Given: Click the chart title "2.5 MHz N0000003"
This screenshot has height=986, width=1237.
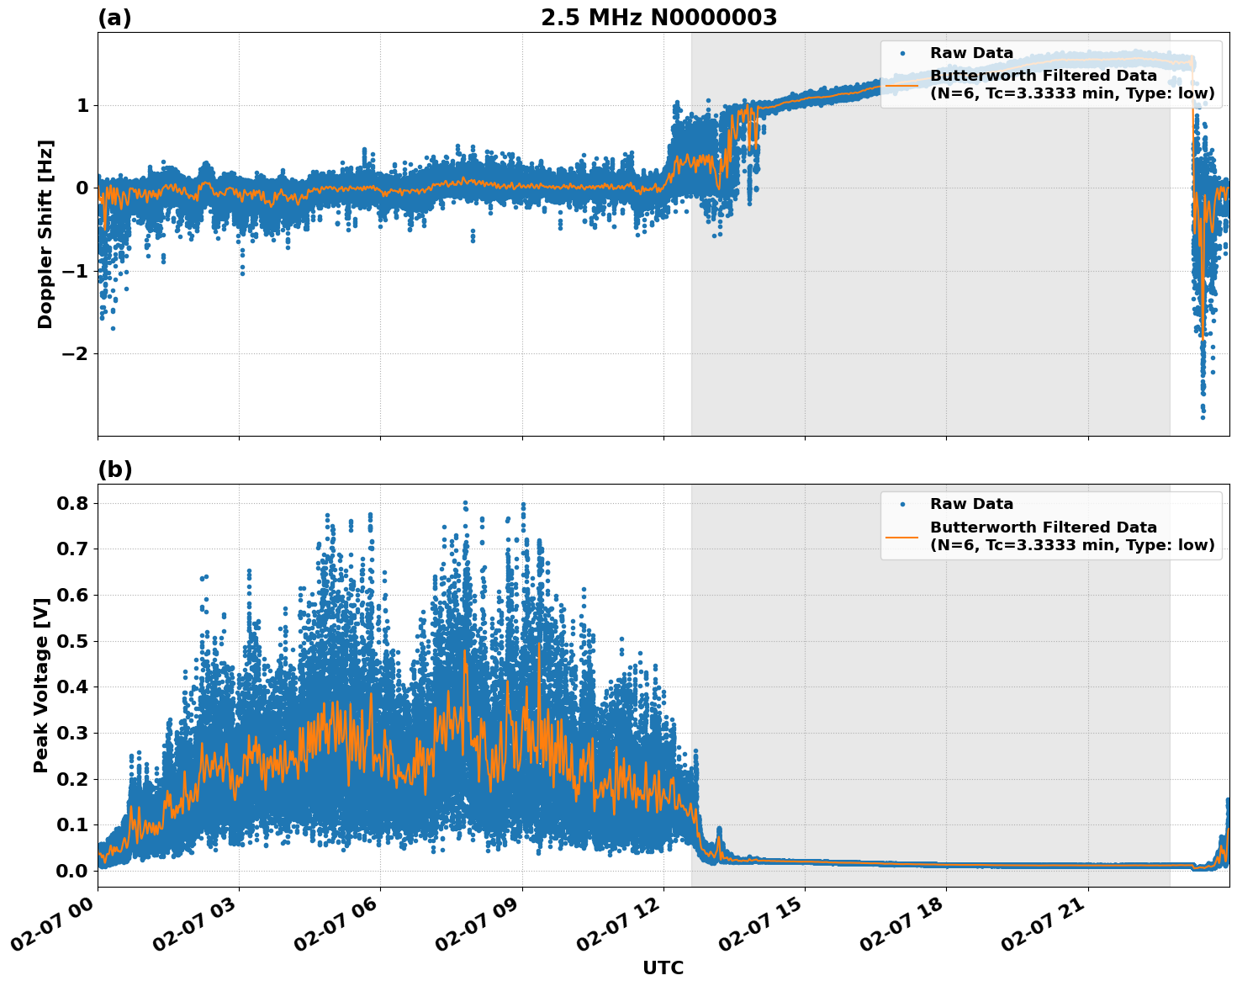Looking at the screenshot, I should tap(658, 18).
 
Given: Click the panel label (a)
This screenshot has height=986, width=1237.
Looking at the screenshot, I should tap(114, 18).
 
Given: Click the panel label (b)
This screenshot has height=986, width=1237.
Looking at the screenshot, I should tap(115, 469).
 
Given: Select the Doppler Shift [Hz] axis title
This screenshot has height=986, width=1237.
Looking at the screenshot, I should tap(45, 234).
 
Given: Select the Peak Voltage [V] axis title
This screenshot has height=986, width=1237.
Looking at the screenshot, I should tap(41, 684).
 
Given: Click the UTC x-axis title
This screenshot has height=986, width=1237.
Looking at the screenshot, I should tap(663, 967).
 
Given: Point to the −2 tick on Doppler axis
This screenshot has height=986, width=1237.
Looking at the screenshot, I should tap(76, 353).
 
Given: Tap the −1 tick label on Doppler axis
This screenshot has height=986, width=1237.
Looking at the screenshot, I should tap(76, 271).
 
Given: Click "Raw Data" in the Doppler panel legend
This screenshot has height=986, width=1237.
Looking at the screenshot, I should tap(971, 53).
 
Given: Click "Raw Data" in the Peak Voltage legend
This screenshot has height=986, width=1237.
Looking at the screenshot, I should tap(971, 504).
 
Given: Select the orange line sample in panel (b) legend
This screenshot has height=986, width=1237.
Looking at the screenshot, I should tap(902, 536).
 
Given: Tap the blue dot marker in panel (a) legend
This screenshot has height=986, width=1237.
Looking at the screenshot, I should tap(902, 53).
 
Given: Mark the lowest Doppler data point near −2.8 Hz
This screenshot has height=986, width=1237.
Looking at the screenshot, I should tap(1203, 416).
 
